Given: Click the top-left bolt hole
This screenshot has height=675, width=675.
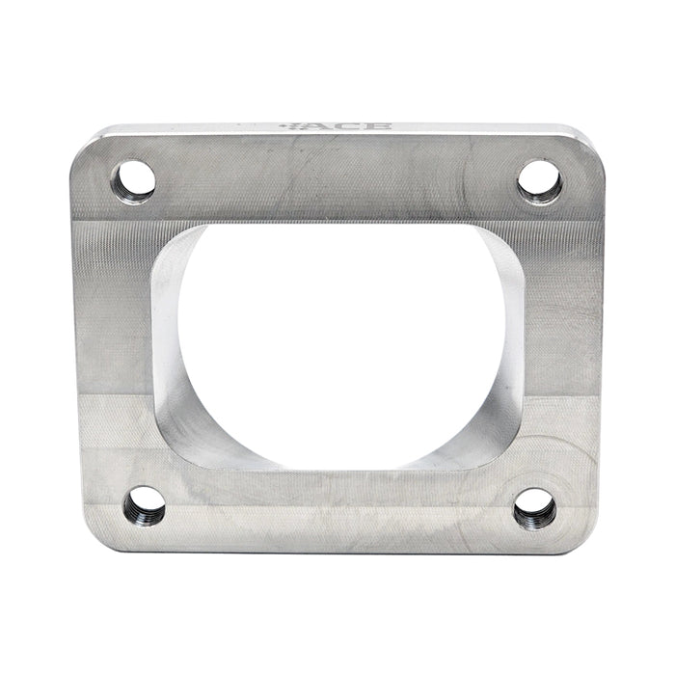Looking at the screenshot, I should (x=133, y=180).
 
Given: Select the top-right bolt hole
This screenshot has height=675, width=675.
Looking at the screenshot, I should (x=539, y=179).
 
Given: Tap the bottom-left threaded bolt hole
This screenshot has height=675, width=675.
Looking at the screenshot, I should (x=145, y=504).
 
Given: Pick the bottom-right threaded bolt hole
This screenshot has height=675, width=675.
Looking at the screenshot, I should (x=534, y=507).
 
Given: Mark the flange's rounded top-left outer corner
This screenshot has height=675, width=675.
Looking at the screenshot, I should (x=81, y=145).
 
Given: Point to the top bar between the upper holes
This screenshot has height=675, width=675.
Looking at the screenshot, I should (x=337, y=178).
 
